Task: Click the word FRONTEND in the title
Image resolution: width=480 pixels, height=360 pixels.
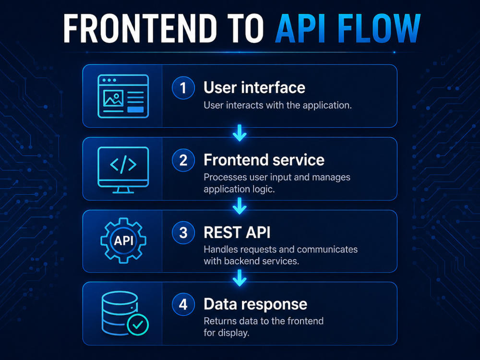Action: coord(140,28)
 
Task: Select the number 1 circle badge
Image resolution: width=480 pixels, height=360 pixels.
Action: coord(183,88)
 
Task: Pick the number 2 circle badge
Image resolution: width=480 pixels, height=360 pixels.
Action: coord(183,160)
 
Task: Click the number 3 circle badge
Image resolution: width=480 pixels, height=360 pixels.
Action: coord(183,233)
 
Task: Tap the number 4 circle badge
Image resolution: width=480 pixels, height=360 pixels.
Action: coord(183,304)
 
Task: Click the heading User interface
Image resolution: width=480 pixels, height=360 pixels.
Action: coord(254,87)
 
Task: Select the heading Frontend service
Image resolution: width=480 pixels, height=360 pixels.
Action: coord(264,160)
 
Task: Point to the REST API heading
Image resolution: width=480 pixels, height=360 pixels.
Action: coord(237,232)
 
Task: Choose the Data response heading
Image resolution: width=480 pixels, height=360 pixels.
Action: coord(255,304)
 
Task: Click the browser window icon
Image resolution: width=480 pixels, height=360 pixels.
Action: coord(123,96)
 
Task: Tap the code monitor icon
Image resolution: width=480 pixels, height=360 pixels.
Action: coord(123,170)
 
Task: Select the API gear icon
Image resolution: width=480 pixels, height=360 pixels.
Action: coord(123,240)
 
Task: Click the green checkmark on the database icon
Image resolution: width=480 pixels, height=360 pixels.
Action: coord(138,324)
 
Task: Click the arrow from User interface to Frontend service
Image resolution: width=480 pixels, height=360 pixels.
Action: coord(240,133)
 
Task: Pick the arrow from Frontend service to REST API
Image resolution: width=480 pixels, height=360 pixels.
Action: coord(240,206)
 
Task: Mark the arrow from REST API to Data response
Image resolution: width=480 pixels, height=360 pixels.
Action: coord(240,278)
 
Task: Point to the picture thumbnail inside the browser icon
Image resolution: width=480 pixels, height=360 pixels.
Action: coord(113,98)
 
